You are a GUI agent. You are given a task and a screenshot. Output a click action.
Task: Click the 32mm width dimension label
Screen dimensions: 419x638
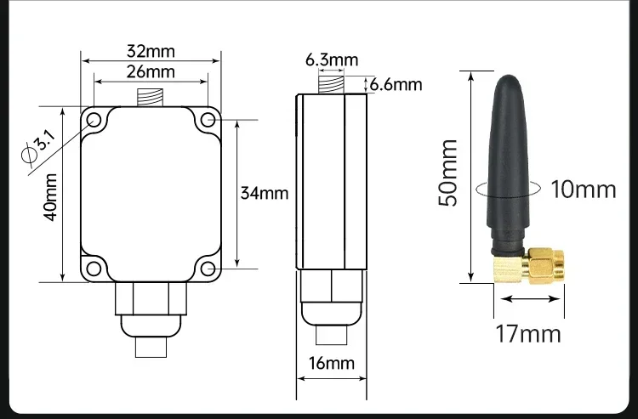151,50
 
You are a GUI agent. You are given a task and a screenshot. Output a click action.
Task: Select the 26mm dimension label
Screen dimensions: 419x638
151,72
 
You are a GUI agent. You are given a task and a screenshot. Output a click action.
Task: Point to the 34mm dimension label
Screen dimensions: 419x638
264,193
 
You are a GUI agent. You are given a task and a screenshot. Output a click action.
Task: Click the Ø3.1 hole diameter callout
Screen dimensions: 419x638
39,145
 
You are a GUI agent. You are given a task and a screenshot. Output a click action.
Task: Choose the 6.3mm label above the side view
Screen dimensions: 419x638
332,59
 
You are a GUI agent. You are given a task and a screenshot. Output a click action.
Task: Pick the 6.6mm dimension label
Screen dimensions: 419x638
396,83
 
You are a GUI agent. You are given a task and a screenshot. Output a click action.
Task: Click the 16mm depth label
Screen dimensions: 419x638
331,364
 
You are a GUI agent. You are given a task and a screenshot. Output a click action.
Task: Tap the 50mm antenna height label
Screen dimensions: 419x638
450,172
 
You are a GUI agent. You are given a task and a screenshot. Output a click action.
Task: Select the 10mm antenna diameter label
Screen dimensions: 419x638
583,188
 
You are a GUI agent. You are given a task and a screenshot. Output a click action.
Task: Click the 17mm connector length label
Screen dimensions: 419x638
528,332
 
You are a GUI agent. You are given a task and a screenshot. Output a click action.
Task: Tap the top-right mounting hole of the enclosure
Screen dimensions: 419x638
207,120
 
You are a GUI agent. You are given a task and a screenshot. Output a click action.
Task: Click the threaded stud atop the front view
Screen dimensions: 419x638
151,98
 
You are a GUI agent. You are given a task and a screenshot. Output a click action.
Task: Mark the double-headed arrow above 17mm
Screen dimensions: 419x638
531,298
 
